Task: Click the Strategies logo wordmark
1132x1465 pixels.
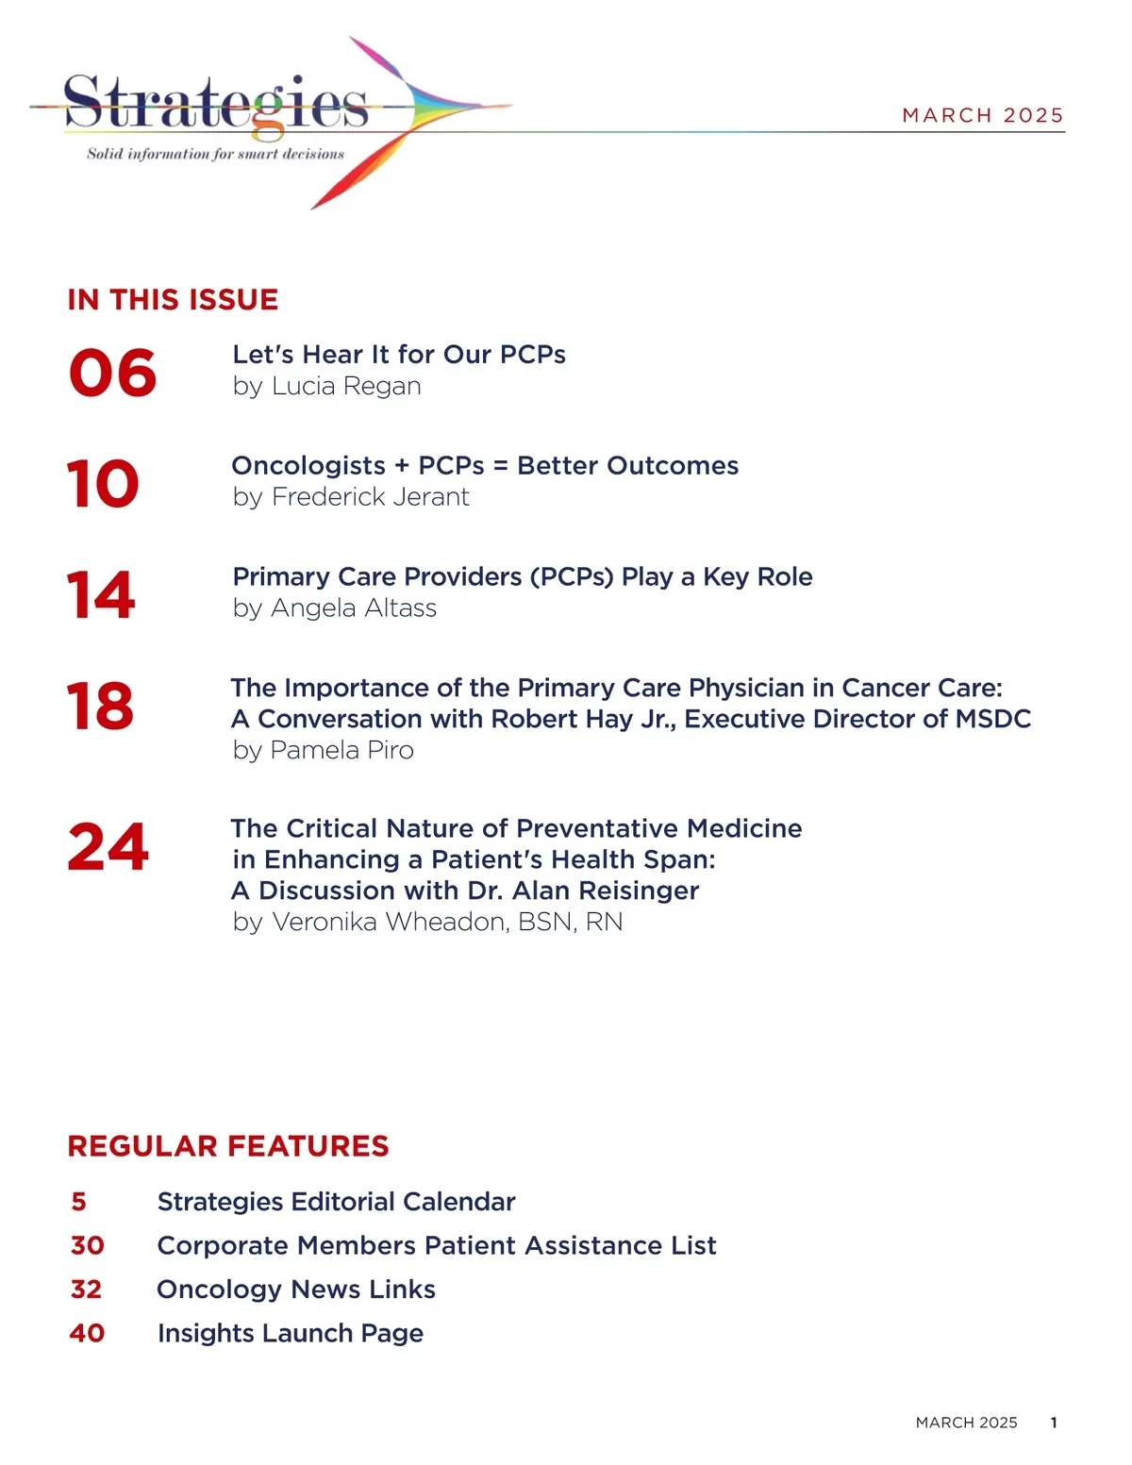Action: pos(215,102)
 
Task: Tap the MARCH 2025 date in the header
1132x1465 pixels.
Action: pos(982,115)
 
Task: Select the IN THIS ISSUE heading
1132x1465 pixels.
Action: pos(173,300)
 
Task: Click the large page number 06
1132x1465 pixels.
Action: pos(112,373)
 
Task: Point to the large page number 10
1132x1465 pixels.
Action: pos(103,484)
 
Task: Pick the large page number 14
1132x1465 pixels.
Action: pos(101,595)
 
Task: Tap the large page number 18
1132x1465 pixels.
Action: pos(100,707)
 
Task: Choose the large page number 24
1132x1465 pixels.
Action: pos(108,847)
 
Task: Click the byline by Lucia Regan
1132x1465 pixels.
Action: pos(326,386)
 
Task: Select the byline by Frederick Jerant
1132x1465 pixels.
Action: pos(350,497)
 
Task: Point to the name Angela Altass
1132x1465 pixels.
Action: pos(354,608)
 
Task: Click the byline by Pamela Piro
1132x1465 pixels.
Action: pos(323,750)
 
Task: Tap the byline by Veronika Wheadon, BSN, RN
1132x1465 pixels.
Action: pos(427,922)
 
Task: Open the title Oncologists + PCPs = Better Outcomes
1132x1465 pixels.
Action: pos(485,465)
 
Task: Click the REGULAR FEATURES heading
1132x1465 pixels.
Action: pos(228,1146)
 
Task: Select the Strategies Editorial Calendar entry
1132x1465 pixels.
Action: pos(336,1202)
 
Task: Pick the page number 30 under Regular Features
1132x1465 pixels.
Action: pos(87,1245)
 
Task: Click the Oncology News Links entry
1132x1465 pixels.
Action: pos(296,1290)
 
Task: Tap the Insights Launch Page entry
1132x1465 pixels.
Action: pos(291,1333)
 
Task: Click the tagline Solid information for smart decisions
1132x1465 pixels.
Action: pos(215,154)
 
